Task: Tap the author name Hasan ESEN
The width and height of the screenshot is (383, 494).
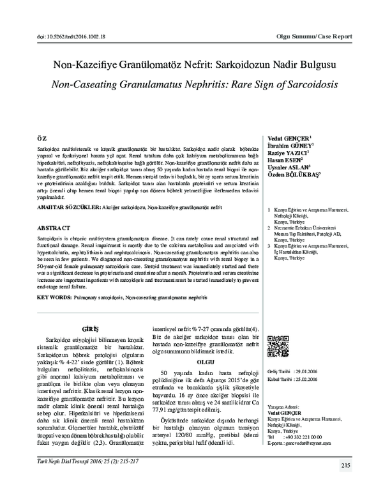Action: pos(285,161)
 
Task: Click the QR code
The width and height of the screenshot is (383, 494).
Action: pos(276,344)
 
